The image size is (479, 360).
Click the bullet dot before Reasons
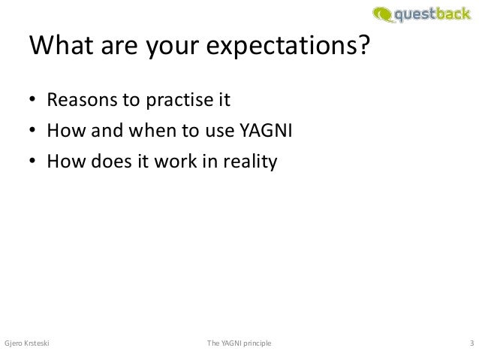point(33,101)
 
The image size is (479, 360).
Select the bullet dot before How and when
point(33,132)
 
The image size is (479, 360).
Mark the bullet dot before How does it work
point(33,163)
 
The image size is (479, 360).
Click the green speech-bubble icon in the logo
point(381,14)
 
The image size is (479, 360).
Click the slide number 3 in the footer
point(471,343)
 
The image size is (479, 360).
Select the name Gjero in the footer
point(14,343)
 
